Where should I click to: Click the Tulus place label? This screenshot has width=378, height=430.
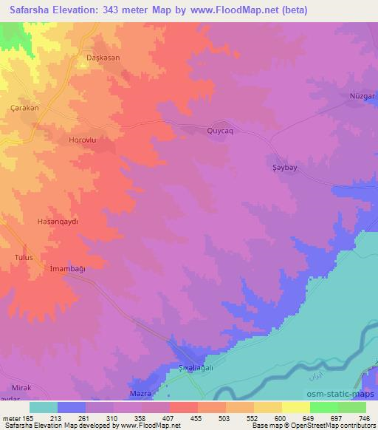(24, 256)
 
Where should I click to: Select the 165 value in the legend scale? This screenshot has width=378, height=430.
(26, 418)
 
